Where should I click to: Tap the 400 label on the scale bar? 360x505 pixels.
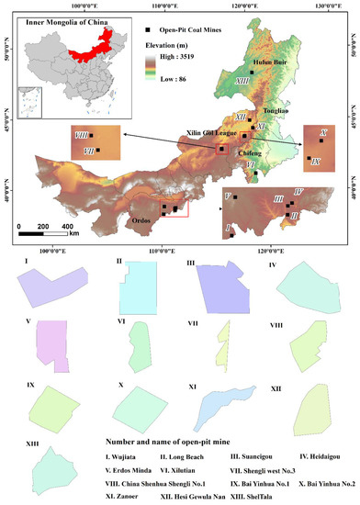[67, 226]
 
